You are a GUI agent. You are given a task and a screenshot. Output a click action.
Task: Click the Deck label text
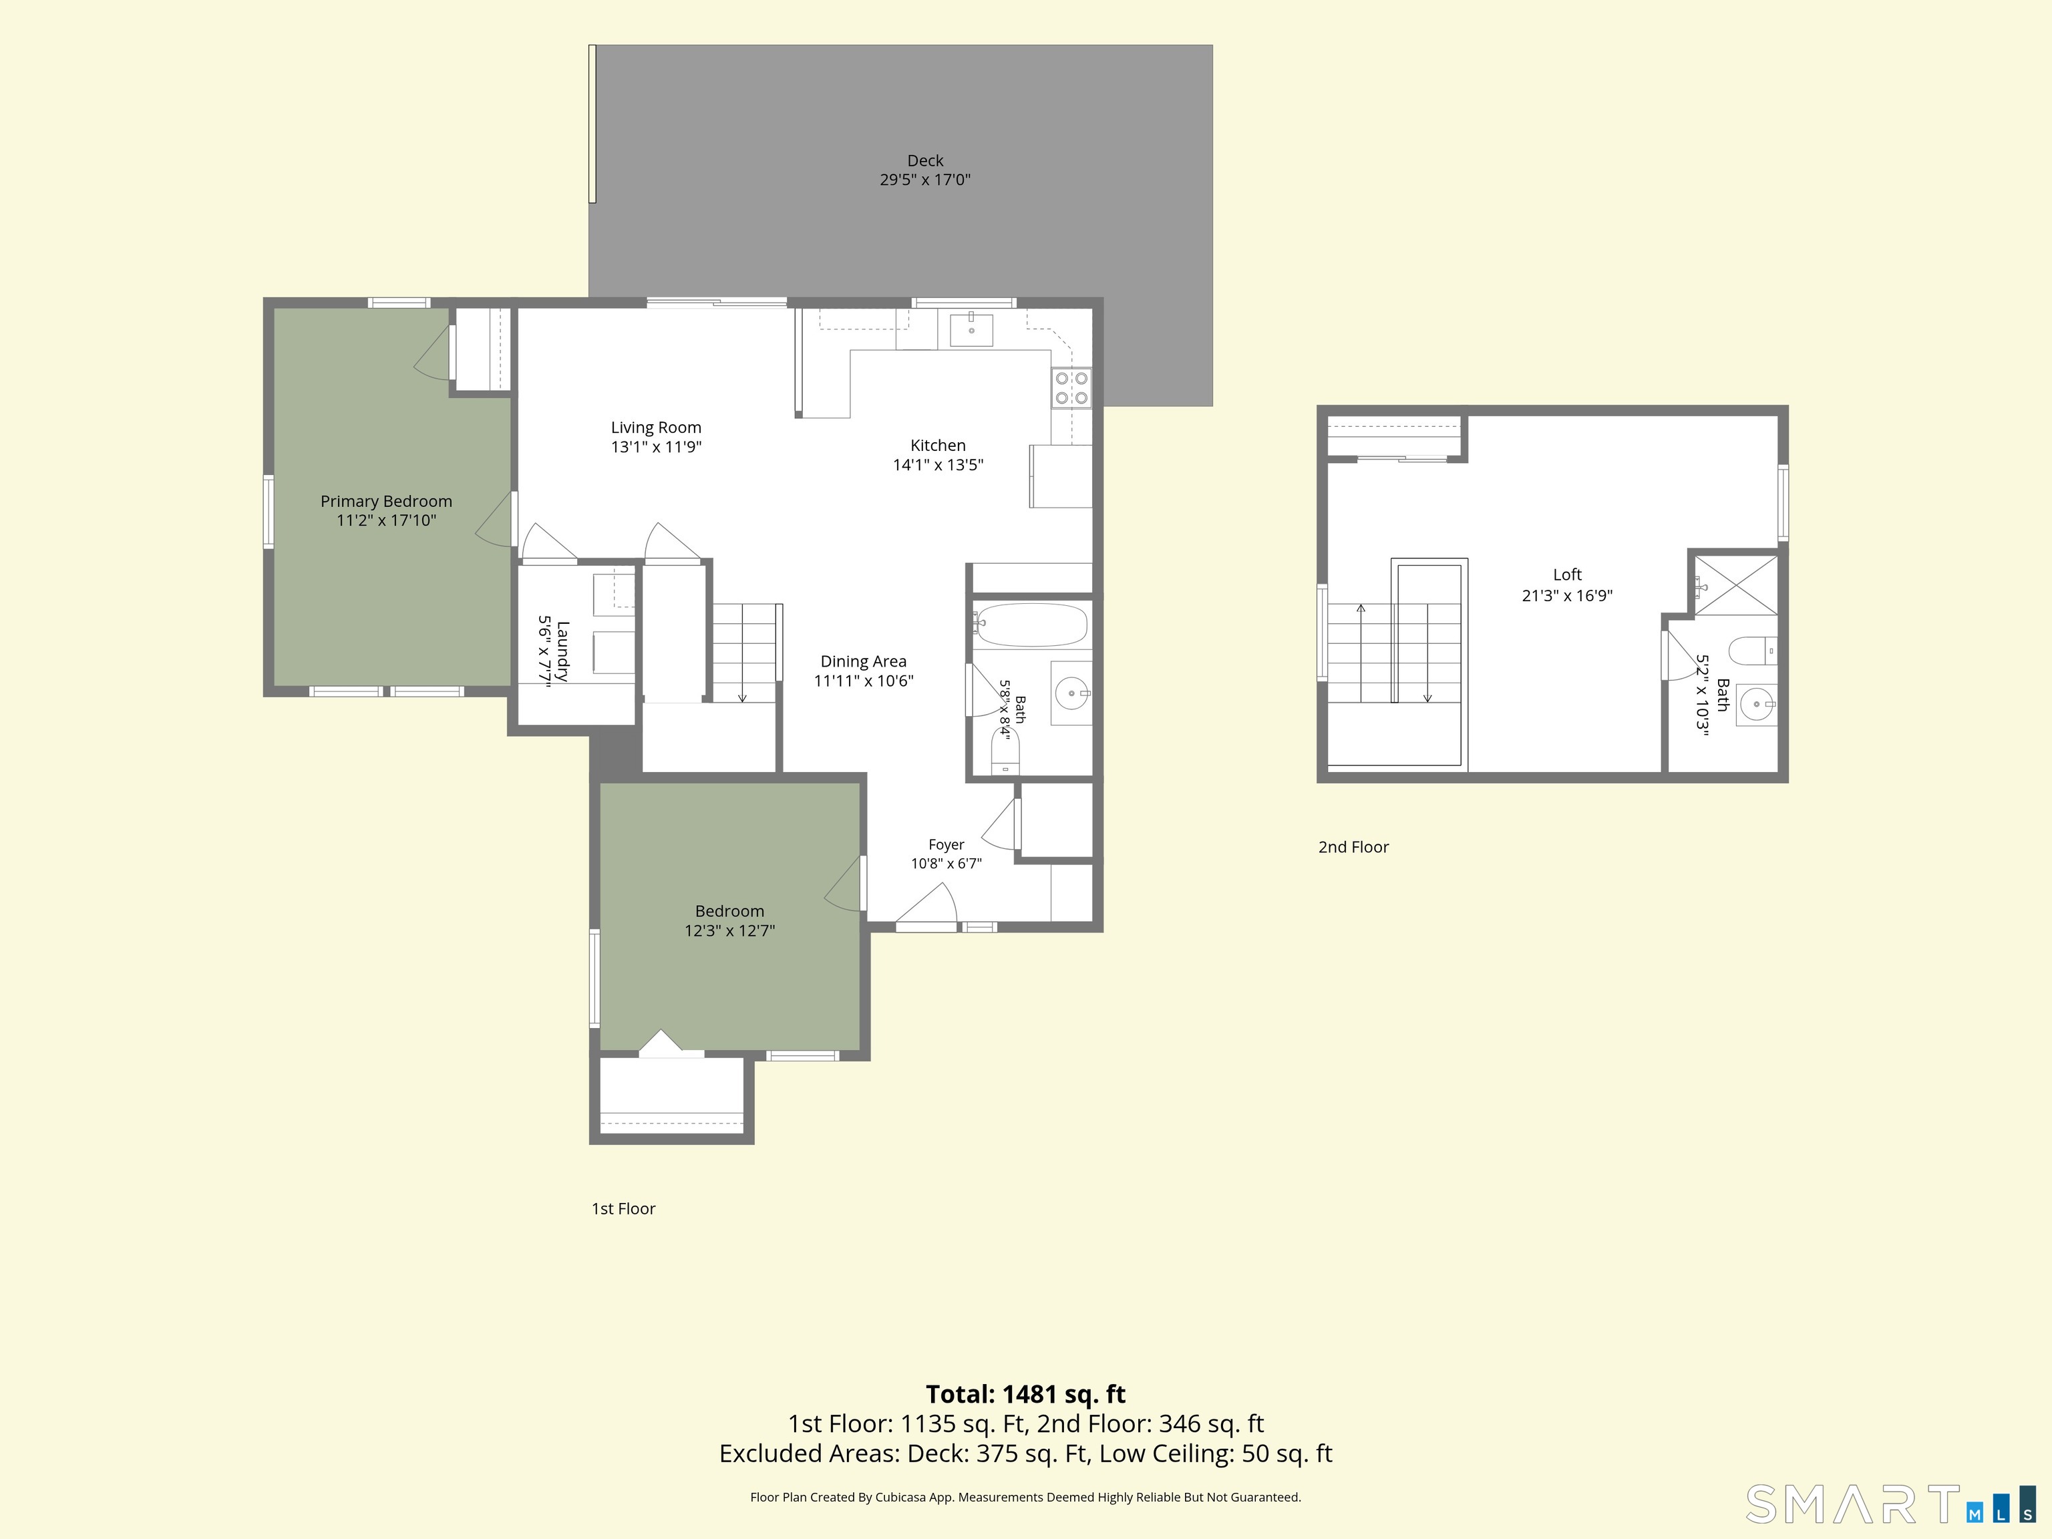[925, 160]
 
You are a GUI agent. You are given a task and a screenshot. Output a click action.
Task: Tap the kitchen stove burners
[1071, 388]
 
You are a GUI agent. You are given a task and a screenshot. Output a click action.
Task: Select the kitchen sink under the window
[971, 330]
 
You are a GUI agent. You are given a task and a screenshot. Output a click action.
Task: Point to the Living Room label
[656, 427]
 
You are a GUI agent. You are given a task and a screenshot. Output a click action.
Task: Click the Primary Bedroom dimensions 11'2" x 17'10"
[386, 520]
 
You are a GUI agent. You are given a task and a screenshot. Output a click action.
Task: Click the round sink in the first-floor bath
[1072, 692]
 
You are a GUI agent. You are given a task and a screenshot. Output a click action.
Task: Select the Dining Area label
[864, 661]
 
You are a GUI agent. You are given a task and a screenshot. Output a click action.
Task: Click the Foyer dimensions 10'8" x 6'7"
[947, 864]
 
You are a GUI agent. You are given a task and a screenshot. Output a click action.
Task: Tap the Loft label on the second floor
[1567, 575]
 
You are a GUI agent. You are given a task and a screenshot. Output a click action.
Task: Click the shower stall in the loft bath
[1735, 584]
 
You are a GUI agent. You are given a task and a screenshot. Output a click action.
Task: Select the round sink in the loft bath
[1756, 705]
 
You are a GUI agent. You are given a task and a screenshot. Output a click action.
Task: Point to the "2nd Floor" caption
[1353, 847]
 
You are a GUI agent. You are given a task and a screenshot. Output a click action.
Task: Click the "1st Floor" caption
[623, 1209]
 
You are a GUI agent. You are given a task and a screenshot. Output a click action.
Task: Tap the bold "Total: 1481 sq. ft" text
[1025, 1394]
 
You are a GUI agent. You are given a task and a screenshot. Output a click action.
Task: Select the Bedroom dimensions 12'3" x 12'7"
[730, 930]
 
